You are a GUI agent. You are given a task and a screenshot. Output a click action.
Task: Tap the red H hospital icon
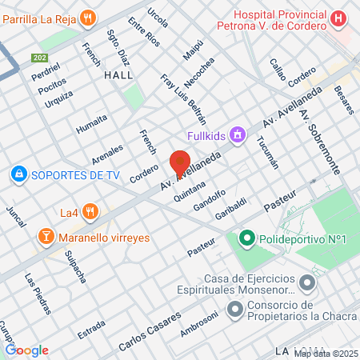tap(339, 17)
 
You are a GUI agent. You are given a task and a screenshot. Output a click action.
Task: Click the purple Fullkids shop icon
tap(237, 134)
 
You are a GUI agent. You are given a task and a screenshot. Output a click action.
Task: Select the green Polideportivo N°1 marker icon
tap(247, 238)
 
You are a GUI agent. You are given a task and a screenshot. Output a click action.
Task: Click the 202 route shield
tap(38, 58)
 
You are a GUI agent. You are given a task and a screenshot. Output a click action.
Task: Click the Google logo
tap(26, 350)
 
